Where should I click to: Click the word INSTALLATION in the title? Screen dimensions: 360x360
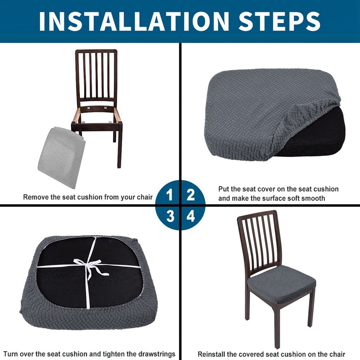[134, 21]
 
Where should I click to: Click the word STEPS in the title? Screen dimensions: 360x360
[279, 21]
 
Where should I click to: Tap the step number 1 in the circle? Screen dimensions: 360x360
[170, 195]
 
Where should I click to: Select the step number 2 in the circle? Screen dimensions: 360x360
[191, 195]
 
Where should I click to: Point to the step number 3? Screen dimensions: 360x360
[170, 216]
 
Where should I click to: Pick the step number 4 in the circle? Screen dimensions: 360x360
[190, 216]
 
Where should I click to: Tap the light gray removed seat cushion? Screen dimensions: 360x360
[62, 157]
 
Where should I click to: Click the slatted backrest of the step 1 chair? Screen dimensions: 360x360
[96, 76]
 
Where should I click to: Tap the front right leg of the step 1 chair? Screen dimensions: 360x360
[119, 147]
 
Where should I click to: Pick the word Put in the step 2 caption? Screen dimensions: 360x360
[224, 189]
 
